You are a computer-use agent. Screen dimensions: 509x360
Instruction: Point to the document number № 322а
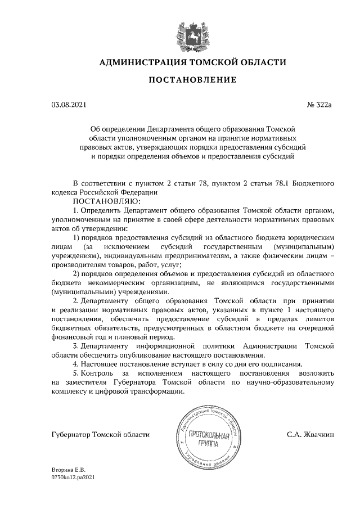click(x=321, y=105)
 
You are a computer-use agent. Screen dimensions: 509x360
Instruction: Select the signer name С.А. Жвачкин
click(x=310, y=434)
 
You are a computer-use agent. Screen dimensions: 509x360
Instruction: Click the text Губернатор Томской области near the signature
click(x=101, y=434)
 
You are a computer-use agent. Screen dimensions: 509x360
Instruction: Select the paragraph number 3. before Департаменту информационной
click(x=77, y=346)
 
